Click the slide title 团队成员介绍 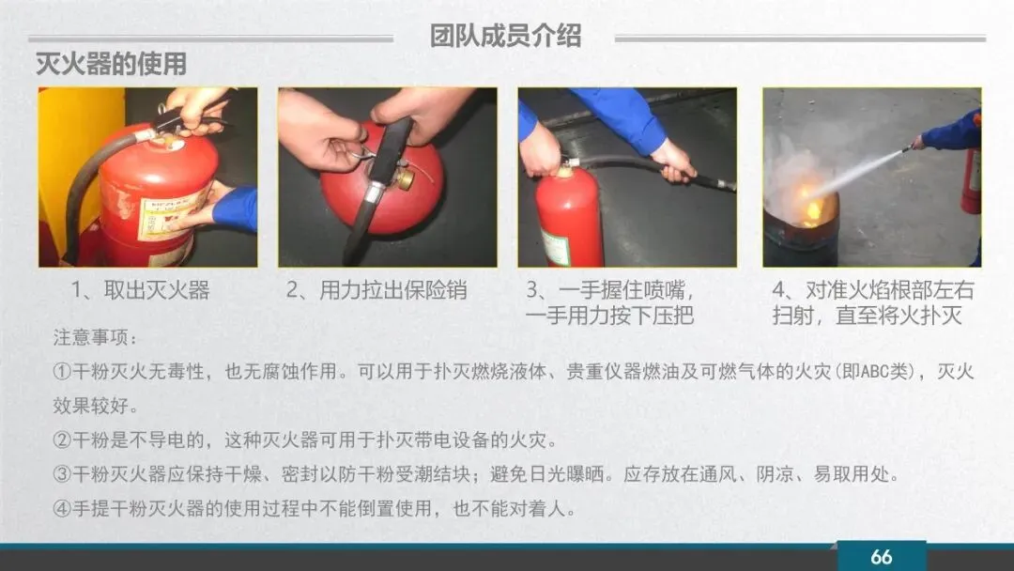pyautogui.click(x=505, y=37)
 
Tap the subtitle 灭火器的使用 pyautogui.click(x=111, y=64)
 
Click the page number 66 pyautogui.click(x=881, y=556)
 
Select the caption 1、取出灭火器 pyautogui.click(x=140, y=289)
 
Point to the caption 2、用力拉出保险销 pyautogui.click(x=376, y=289)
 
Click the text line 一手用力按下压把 pyautogui.click(x=610, y=316)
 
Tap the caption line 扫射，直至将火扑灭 pyautogui.click(x=868, y=316)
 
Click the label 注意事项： pyautogui.click(x=95, y=337)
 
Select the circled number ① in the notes pyautogui.click(x=62, y=372)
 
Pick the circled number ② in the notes pyautogui.click(x=62, y=440)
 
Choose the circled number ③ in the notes pyautogui.click(x=62, y=474)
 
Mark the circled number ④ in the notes pyautogui.click(x=62, y=509)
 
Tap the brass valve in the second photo pyautogui.click(x=406, y=177)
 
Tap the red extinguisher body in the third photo pyautogui.click(x=570, y=218)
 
